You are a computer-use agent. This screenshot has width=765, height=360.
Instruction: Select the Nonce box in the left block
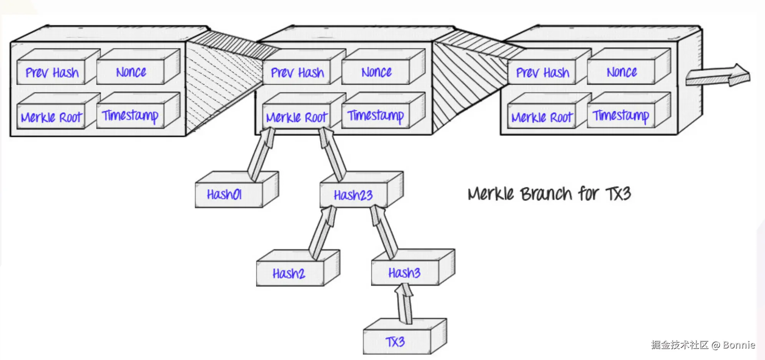(138, 67)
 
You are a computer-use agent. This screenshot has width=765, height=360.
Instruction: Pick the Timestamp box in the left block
(138, 110)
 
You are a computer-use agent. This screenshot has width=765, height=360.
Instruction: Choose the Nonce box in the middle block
(383, 67)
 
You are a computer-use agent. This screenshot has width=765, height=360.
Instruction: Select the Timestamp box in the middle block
(383, 110)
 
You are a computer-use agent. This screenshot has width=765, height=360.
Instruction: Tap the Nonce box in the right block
(629, 67)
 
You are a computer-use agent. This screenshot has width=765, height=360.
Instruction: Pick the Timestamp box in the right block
(629, 110)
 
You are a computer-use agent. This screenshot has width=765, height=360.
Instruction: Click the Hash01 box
(237, 190)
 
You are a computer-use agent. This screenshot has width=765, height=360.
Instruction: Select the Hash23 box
(362, 190)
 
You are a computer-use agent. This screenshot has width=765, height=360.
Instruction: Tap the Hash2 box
(298, 268)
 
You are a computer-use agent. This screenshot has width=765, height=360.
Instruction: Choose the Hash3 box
(413, 267)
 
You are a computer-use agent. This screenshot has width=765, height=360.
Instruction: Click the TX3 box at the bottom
(405, 336)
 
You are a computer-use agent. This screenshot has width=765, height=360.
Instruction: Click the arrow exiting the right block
(718, 75)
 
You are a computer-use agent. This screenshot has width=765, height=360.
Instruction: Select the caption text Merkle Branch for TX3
(549, 193)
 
